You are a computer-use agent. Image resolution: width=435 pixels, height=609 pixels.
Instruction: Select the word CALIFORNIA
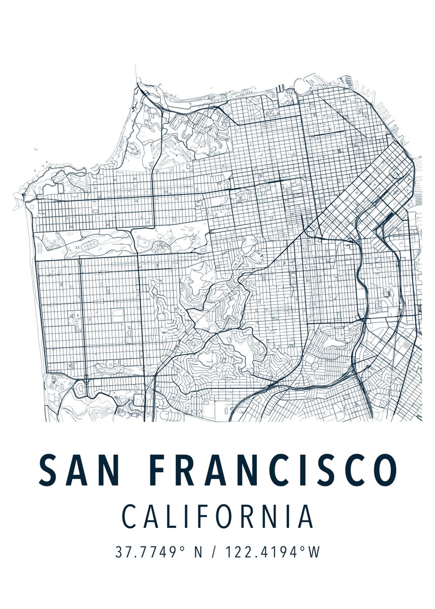click(x=218, y=517)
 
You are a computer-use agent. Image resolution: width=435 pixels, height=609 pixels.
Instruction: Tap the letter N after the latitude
click(x=197, y=552)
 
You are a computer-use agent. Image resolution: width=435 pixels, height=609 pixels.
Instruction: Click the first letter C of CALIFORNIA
click(x=130, y=517)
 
